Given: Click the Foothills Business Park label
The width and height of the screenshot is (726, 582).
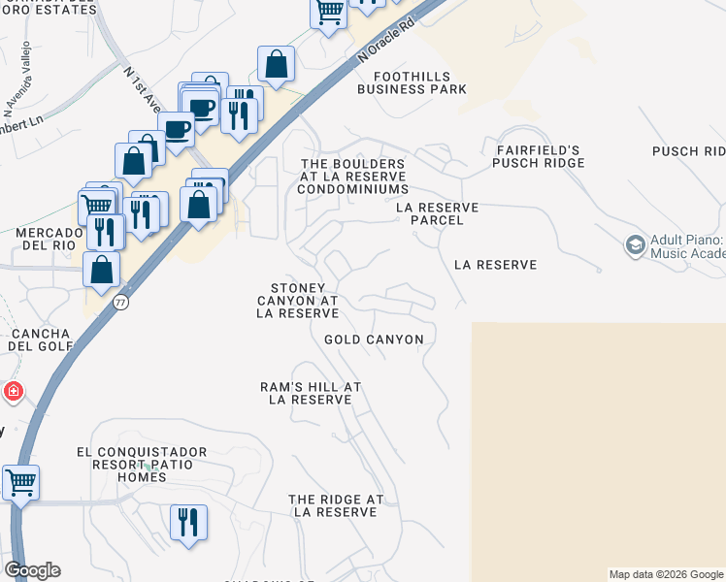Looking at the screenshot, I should pyautogui.click(x=412, y=81).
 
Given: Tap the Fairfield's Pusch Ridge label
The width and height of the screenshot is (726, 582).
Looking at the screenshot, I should pyautogui.click(x=538, y=156).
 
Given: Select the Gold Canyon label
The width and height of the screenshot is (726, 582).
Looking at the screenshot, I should pyautogui.click(x=374, y=339).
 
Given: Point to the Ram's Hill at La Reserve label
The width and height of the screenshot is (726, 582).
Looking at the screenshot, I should pyautogui.click(x=310, y=393).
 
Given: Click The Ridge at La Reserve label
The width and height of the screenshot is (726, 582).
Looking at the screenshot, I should pyautogui.click(x=336, y=505).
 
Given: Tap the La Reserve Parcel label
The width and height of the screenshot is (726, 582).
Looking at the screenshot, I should pyautogui.click(x=437, y=213).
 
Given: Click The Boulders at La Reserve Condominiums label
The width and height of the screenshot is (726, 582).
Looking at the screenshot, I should pyautogui.click(x=352, y=177).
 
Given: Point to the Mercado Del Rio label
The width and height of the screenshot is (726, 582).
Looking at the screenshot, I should pyautogui.click(x=46, y=239).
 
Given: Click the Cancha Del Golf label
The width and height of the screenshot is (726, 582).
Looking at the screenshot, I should pyautogui.click(x=39, y=339).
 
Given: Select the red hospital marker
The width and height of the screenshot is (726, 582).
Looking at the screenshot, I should pyautogui.click(x=13, y=392).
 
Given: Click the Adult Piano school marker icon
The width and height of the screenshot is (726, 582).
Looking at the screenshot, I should pyautogui.click(x=636, y=244).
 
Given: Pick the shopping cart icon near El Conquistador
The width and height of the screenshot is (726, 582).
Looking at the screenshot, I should pyautogui.click(x=20, y=482).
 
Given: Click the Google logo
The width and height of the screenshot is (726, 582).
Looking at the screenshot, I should pyautogui.click(x=32, y=570).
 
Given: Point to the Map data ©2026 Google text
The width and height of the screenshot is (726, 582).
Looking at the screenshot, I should pyautogui.click(x=666, y=574).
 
